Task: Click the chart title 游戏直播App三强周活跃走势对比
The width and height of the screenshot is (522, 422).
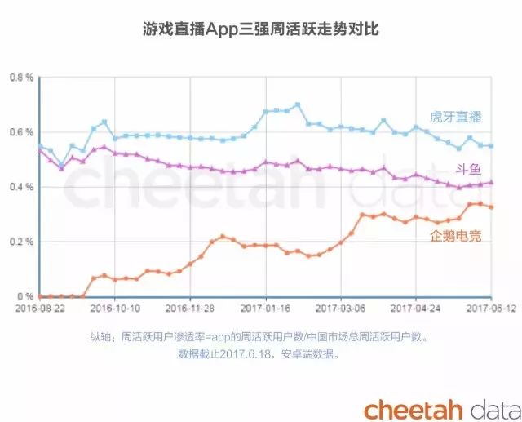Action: tap(260, 30)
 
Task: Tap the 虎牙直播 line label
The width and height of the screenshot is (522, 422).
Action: tap(455, 117)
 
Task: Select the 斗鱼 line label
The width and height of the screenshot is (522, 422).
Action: tap(468, 169)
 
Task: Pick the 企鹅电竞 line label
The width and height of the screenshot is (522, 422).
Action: tap(455, 236)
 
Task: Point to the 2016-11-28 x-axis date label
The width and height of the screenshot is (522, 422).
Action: tap(189, 309)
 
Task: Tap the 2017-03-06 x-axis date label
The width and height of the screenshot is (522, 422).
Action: tap(341, 309)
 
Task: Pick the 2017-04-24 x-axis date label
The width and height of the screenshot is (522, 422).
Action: tap(417, 309)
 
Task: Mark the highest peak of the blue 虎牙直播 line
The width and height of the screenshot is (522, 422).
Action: tap(298, 104)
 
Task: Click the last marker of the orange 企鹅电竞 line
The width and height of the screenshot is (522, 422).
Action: tap(491, 207)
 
